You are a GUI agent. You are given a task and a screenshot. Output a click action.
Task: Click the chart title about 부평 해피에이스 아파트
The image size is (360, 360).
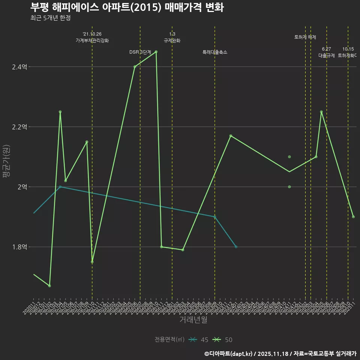[x=127, y=7]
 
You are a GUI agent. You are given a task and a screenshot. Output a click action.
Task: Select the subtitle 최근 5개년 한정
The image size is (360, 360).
[x=50, y=18]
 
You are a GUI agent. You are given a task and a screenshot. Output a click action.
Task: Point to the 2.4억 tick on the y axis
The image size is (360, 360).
[x=19, y=67]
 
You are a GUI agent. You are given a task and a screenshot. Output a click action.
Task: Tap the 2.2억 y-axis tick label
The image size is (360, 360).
[x=19, y=127]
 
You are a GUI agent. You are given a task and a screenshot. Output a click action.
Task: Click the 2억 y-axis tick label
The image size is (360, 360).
[x=22, y=187]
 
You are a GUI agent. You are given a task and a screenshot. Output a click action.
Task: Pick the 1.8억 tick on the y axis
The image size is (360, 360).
[x=19, y=247]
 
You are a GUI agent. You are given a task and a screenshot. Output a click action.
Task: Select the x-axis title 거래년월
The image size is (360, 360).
[x=193, y=320]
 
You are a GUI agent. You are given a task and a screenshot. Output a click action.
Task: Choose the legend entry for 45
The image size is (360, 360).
[x=199, y=340]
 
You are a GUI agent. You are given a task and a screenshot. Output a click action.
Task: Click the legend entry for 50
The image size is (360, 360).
[x=223, y=340]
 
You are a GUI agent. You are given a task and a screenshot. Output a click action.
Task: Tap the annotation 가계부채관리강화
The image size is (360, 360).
[x=92, y=40]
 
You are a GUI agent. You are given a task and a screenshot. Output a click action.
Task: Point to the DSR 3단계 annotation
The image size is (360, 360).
[x=140, y=52]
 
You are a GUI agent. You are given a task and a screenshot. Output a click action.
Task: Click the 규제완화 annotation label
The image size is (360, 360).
[x=172, y=40]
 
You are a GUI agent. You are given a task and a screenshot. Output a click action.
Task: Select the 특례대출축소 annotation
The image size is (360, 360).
[x=215, y=52]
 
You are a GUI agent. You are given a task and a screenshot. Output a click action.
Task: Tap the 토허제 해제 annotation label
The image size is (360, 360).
[x=305, y=37]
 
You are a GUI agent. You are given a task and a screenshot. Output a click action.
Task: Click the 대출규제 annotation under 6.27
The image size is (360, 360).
[x=327, y=55]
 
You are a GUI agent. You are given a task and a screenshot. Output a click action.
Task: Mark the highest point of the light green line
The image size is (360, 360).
[x=156, y=52]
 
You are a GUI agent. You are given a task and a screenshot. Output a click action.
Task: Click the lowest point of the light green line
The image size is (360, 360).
[x=49, y=286]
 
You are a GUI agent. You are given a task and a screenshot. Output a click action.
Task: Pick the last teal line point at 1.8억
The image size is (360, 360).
[x=236, y=247]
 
